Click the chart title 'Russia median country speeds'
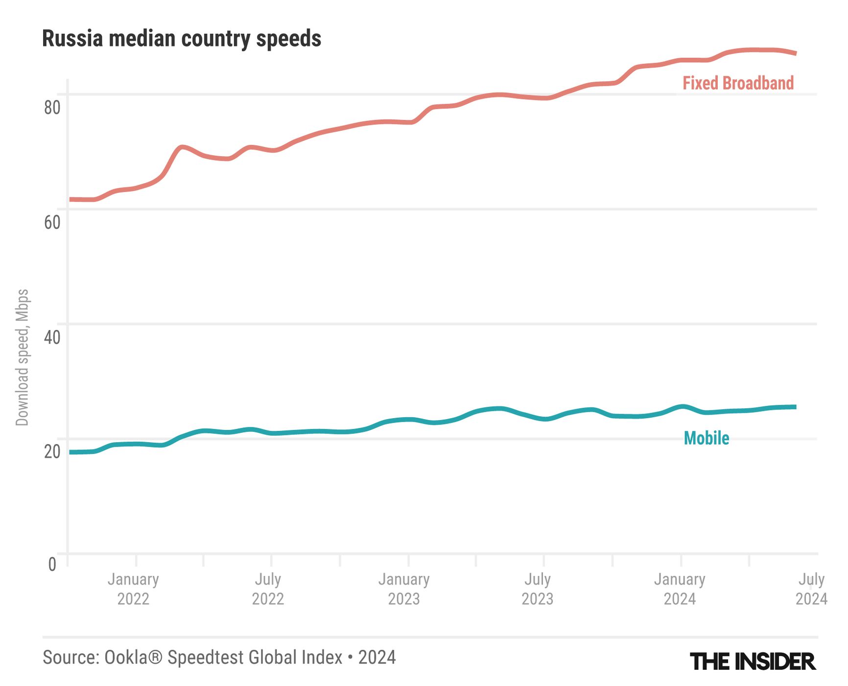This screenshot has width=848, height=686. click(x=182, y=39)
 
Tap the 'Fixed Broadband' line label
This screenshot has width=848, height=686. click(x=738, y=83)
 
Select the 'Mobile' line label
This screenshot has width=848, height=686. click(x=706, y=438)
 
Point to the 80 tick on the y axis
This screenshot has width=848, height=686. click(x=52, y=107)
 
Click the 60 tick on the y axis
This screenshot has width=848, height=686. click(x=52, y=222)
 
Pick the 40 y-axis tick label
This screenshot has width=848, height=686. click(x=52, y=337)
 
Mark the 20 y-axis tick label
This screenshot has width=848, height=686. click(x=52, y=451)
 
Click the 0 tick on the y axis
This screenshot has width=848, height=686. click(x=52, y=564)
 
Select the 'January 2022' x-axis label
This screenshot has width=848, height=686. click(x=133, y=589)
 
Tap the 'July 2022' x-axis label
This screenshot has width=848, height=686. click(x=268, y=589)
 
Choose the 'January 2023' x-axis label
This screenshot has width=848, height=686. click(x=404, y=589)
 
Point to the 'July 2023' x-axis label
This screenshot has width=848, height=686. click(x=538, y=589)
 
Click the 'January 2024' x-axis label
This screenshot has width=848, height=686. click(x=680, y=589)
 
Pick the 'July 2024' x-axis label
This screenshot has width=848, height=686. click(x=811, y=589)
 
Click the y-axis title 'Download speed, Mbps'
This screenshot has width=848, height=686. click(x=22, y=357)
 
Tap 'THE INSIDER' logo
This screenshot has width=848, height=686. click(x=753, y=662)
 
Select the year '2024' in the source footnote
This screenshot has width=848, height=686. click(x=377, y=657)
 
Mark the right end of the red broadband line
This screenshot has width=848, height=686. click(x=795, y=53)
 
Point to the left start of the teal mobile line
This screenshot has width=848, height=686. click(x=71, y=452)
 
